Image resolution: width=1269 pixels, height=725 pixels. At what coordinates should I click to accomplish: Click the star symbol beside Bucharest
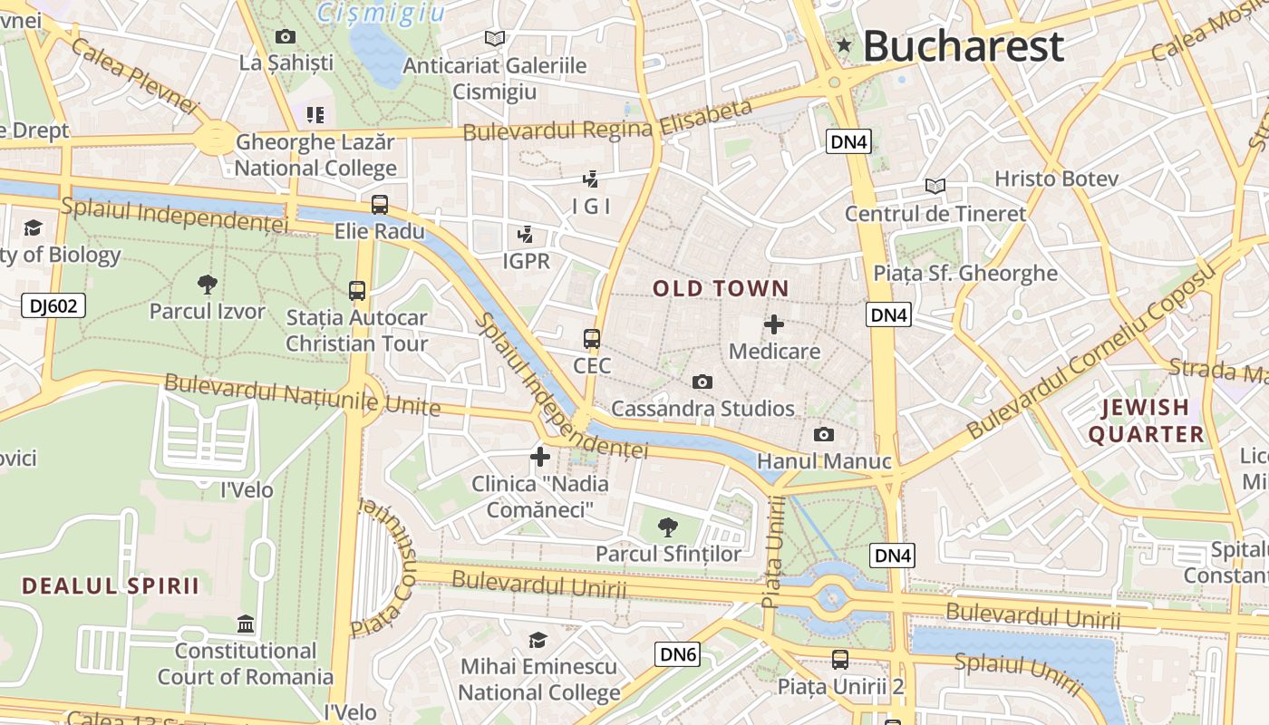coord(845,45)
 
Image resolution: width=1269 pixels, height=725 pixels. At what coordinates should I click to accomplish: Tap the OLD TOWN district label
coord(721,289)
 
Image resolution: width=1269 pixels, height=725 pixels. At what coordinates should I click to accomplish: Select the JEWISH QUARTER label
coord(1146,420)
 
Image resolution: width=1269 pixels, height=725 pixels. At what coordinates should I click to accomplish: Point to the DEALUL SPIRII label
coord(110,585)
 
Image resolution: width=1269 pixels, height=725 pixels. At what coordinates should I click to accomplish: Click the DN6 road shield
coord(678,654)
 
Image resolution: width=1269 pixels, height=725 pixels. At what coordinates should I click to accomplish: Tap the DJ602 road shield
coord(53,306)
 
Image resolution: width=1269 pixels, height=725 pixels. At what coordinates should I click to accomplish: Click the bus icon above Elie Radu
coord(380,205)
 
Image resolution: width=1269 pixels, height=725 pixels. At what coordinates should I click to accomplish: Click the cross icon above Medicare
coord(774,324)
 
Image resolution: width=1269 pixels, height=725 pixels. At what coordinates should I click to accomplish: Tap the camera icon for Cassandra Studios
coord(702,382)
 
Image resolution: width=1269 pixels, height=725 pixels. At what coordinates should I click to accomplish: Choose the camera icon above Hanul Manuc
coord(824,435)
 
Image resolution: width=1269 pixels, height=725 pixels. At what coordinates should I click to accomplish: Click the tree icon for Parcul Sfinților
coord(668,527)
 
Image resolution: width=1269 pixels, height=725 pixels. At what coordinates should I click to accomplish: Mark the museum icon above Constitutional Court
coord(246,624)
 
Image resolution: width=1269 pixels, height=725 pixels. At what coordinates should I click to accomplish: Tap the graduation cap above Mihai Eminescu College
coord(538,640)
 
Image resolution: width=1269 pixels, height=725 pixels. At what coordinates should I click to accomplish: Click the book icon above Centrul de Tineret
coord(935,187)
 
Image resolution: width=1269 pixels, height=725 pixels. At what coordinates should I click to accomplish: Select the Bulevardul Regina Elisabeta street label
coord(607,121)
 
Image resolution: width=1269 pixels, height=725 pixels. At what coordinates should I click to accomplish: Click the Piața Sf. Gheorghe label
coord(965,273)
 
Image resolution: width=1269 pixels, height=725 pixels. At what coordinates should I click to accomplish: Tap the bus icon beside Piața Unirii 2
coord(840,660)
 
